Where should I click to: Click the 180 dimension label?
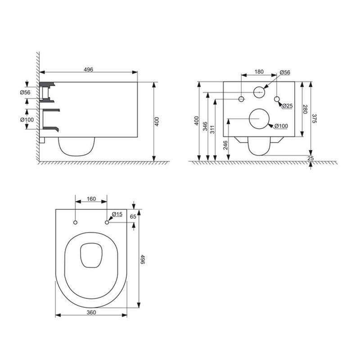coord(259,72)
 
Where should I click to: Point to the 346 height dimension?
coord(205,126)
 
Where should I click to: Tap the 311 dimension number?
coord(212,130)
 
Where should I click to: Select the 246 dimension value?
coord(225,145)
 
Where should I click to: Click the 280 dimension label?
coord(305,109)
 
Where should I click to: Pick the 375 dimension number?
coord(314,118)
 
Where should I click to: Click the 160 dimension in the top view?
coord(91,199)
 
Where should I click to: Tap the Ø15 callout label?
coord(117,214)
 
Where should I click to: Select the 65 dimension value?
coord(133,216)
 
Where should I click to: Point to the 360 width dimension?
coord(91,312)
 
